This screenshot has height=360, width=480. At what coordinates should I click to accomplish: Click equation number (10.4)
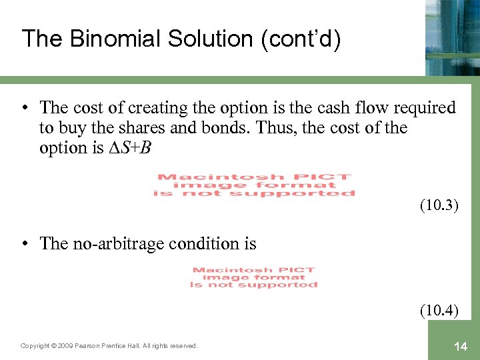(439, 310)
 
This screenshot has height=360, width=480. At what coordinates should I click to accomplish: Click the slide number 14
(460, 345)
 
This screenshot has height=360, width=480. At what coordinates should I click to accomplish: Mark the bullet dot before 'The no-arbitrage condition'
(25, 243)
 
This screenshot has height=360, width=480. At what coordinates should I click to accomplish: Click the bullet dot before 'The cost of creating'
(25, 107)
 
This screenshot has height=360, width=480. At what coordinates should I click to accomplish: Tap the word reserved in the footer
(183, 345)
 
